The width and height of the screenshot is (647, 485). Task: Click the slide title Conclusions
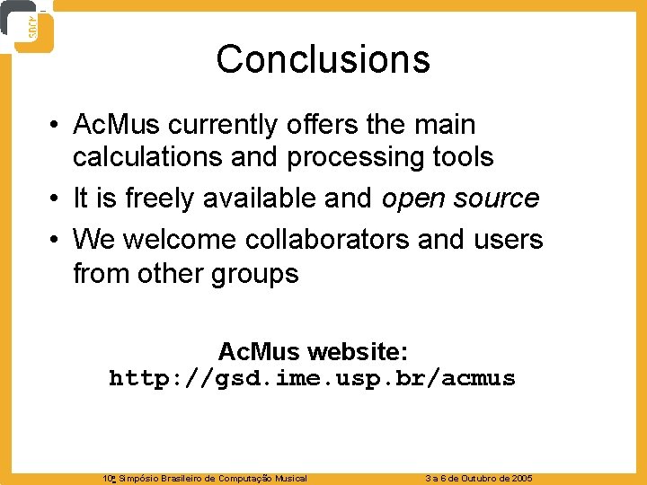point(323,60)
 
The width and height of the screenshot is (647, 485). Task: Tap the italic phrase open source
point(460,198)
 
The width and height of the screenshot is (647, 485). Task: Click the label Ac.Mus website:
point(313,350)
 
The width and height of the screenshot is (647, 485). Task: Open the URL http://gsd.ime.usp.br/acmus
point(313,378)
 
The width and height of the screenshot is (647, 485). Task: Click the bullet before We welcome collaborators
point(56,241)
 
